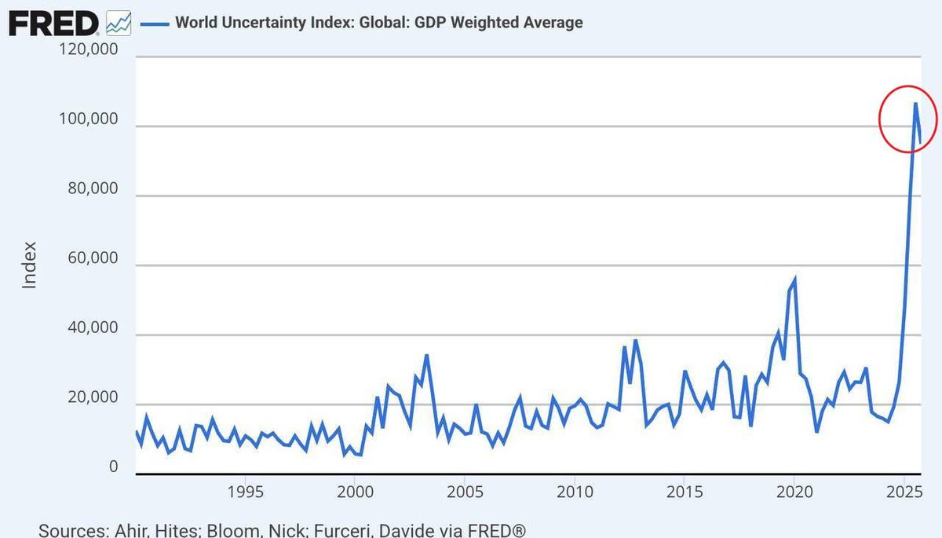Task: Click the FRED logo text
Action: [54, 24]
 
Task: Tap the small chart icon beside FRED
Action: [119, 23]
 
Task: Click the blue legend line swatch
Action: [155, 24]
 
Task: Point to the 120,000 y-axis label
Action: [88, 49]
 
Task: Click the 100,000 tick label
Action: [88, 119]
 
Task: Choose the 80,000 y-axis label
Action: [93, 188]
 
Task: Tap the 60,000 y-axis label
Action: [93, 258]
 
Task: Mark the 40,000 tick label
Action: [93, 328]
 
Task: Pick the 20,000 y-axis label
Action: [93, 397]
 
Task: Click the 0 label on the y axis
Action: [114, 467]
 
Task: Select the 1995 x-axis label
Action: [245, 492]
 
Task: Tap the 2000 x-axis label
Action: [355, 492]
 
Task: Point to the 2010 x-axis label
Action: [575, 492]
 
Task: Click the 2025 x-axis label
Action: [904, 492]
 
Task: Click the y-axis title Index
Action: [30, 265]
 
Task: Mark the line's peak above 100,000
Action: [915, 103]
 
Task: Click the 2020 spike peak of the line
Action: [794, 279]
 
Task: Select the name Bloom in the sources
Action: [233, 530]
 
